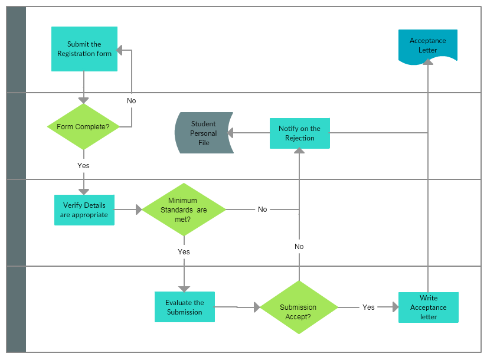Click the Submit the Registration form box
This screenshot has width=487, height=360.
coord(84,49)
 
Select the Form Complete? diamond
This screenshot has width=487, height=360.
coord(83,127)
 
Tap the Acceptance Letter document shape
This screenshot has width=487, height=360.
coord(427,45)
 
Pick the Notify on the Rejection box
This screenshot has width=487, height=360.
coord(299,133)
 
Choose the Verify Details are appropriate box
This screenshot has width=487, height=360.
coord(84,210)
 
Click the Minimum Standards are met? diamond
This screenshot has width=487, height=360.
coord(184,210)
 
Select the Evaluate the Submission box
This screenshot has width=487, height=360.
coord(184,307)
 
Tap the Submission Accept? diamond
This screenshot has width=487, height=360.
coord(299,307)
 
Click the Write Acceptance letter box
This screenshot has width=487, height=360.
coord(428,307)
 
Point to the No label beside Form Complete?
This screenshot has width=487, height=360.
coord(131,101)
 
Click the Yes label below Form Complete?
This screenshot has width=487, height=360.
coord(83,166)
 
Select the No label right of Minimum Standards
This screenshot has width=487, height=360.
coord(262,210)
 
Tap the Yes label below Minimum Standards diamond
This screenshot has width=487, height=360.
coord(184,252)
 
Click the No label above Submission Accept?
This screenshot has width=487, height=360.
coord(299,247)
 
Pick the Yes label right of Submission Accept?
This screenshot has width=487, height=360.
coord(368,307)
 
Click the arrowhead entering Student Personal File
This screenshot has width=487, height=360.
coord(233,133)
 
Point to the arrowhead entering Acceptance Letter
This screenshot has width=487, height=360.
coord(428,62)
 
